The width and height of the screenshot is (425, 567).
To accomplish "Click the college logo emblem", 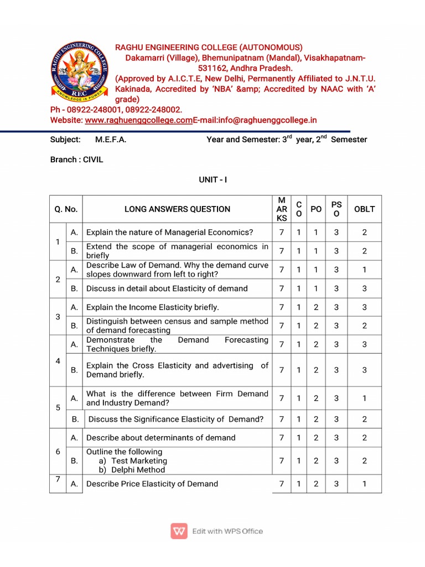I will tap(80, 71).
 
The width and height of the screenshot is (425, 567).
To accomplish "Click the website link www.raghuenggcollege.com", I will tap(138, 120).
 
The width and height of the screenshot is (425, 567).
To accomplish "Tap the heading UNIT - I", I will tap(212, 180).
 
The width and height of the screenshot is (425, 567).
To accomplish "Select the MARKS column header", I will tap(282, 209).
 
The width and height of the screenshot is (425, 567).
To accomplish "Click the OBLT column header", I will tap(364, 209).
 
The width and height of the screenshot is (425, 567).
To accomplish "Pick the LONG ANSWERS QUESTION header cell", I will tap(177, 209).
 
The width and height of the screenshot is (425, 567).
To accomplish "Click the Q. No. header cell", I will tap(66, 209).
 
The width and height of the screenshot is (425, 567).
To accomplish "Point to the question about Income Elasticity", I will tap(152, 307).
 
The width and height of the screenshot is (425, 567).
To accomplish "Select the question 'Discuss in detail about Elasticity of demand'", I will tap(167, 288).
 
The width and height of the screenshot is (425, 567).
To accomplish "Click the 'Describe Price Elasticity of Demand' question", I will tap(152, 484).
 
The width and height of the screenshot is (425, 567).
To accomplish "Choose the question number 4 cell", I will tap(58, 361).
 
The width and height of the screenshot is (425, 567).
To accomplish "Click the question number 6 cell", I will tap(58, 451).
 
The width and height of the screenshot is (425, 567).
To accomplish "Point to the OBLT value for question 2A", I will tap(364, 270).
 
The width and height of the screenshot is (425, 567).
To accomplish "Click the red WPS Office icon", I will tap(179, 531).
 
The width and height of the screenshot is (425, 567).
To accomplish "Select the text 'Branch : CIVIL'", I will tap(76, 159).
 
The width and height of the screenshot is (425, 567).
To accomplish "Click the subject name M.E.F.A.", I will tap(111, 140).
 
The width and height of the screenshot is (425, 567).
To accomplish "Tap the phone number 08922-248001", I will tap(99, 110).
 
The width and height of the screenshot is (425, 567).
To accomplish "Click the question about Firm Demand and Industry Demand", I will tap(177, 398).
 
